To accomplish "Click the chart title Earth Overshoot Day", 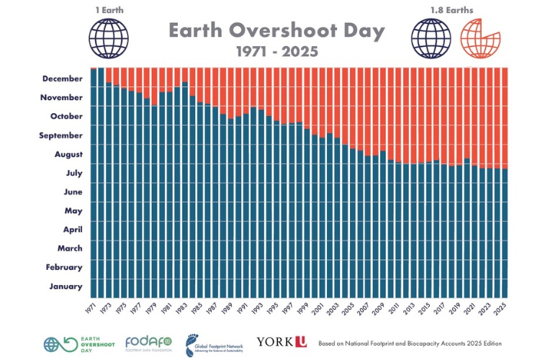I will point(276,31).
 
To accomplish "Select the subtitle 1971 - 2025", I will point(276,53).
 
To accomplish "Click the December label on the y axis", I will point(63,78).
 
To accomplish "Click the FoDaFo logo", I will point(148,343).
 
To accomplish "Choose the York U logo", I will point(281,343).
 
